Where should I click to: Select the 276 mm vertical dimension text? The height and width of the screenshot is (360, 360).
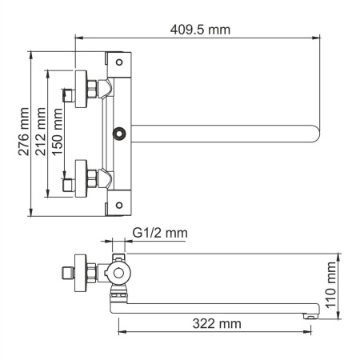pyautogui.click(x=24, y=131)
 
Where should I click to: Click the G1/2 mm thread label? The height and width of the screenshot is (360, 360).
pyautogui.click(x=159, y=233)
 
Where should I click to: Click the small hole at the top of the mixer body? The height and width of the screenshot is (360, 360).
pyautogui.click(x=118, y=61)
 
